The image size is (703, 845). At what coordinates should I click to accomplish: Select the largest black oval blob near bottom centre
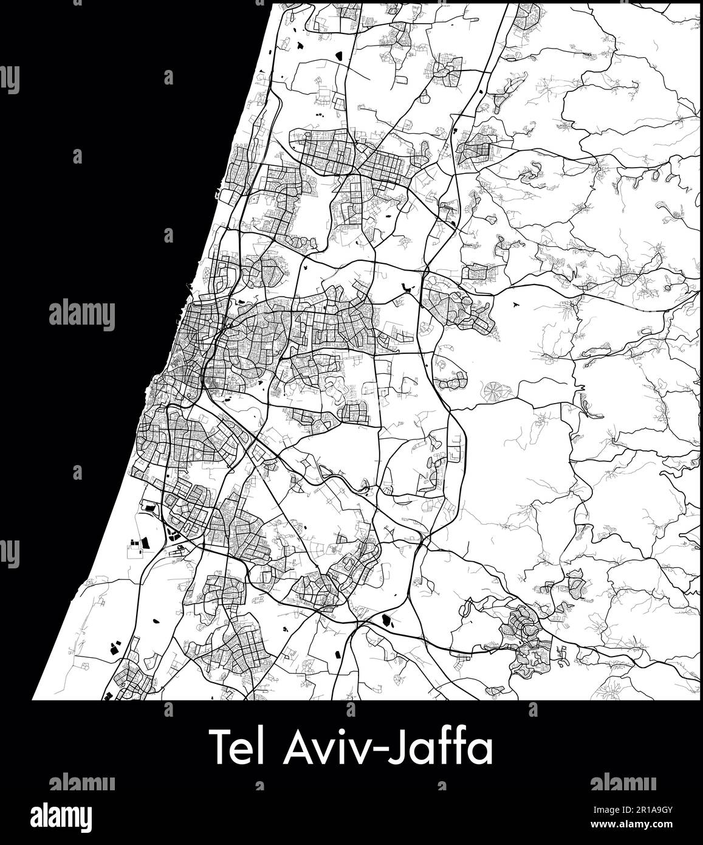pyautogui.click(x=385, y=621)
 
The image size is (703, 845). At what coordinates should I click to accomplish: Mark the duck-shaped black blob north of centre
pyautogui.click(x=405, y=287)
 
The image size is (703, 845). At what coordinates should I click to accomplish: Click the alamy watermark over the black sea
pyautogui.click(x=81, y=316)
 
